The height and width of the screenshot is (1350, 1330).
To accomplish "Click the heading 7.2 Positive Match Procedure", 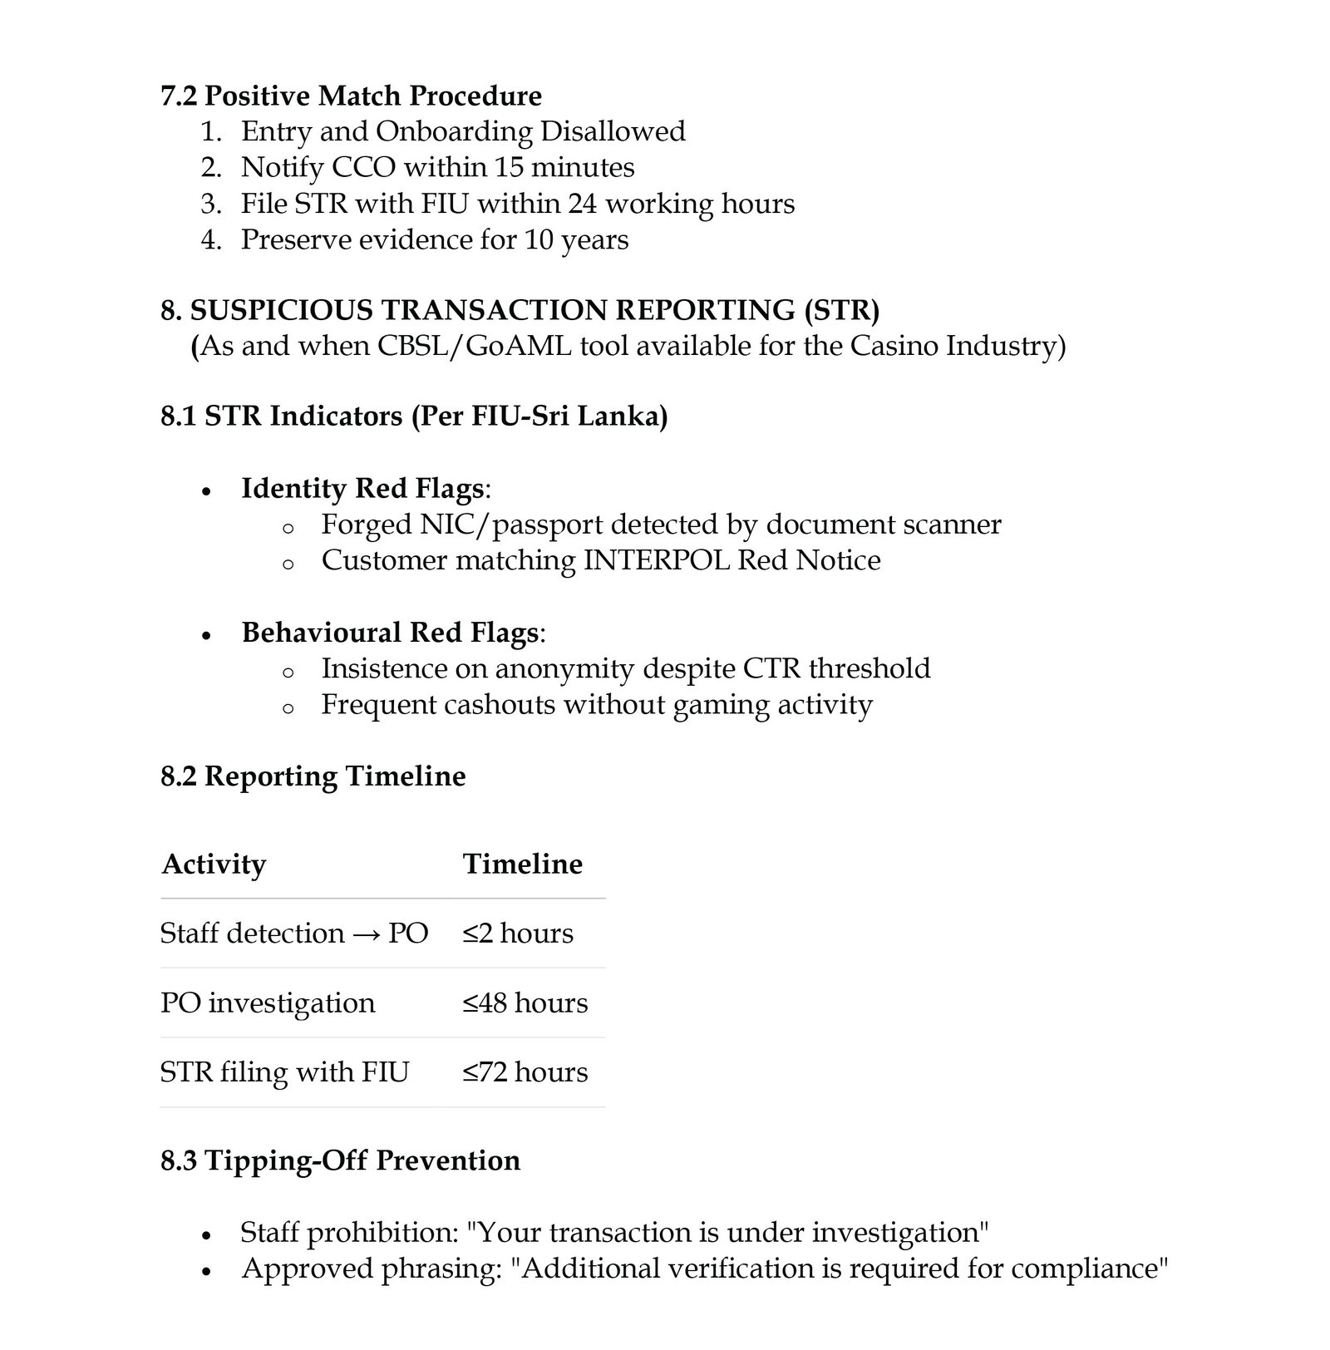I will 351,96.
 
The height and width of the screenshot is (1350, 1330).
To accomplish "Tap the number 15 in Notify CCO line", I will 509,167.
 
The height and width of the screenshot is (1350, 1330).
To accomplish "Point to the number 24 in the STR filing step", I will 583,204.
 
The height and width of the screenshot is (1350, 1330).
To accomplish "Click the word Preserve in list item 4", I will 290,239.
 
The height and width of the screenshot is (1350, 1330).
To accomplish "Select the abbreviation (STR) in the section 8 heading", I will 841,309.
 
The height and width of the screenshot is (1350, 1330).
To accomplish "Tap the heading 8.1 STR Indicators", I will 414,415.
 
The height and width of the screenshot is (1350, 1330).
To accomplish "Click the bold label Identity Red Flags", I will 362,488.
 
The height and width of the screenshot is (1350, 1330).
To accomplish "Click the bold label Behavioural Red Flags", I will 390,633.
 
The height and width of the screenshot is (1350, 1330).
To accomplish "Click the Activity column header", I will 214,864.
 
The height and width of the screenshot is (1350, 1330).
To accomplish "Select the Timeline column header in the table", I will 523,864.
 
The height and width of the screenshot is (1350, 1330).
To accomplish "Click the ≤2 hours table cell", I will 518,933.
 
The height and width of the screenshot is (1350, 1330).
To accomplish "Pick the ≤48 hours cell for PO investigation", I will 525,1003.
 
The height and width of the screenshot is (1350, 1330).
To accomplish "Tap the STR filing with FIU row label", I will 284,1072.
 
